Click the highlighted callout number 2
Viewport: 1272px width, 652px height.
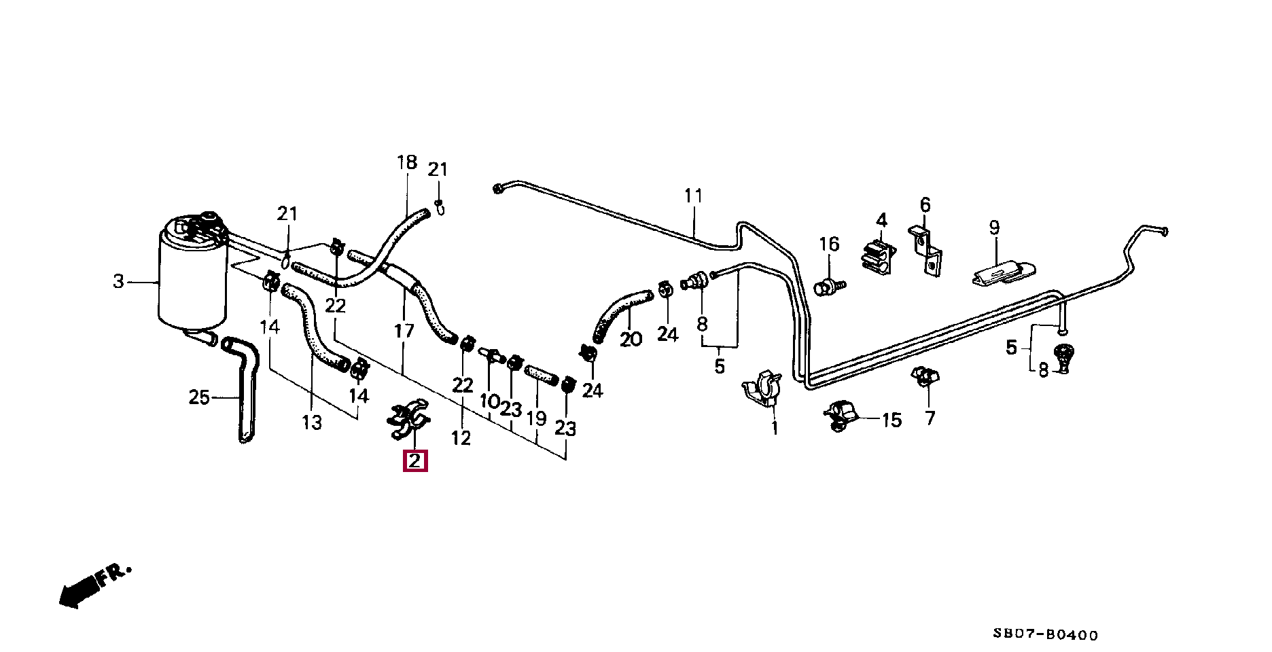click(x=415, y=461)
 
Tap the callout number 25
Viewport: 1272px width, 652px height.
click(x=199, y=397)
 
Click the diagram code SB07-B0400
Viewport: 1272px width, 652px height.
click(x=1044, y=636)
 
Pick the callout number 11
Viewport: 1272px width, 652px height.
click(x=692, y=196)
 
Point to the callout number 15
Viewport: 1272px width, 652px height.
click(x=891, y=420)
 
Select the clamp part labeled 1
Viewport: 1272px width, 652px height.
click(x=762, y=391)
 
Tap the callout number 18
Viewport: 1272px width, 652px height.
click(x=406, y=163)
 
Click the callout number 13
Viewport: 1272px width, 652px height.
click(x=311, y=422)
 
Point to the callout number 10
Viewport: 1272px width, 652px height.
click(x=489, y=401)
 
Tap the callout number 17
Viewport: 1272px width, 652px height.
click(x=404, y=331)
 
